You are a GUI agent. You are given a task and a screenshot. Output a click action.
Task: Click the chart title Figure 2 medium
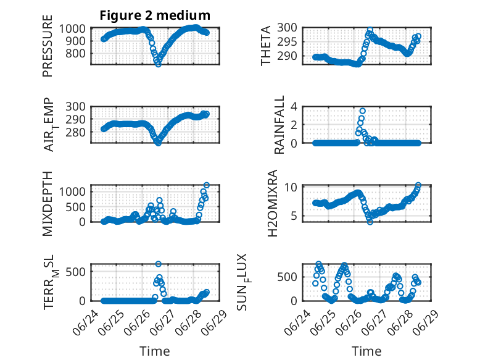(x=155, y=15)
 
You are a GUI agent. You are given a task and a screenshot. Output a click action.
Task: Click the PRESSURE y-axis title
(x=48, y=46)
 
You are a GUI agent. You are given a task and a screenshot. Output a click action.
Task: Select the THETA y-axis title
(x=266, y=46)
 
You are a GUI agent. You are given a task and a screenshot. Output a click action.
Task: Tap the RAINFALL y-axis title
(x=279, y=125)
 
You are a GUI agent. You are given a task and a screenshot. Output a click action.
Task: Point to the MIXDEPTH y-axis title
(x=48, y=204)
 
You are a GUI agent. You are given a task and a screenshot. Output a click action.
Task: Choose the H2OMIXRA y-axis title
(x=272, y=203)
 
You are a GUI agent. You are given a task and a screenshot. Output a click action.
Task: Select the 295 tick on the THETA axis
(x=287, y=42)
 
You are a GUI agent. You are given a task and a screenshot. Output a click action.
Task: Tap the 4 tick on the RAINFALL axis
(x=294, y=107)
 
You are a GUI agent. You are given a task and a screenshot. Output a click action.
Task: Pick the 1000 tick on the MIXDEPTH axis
(x=72, y=192)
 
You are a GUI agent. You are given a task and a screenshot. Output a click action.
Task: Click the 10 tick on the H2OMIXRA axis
(x=291, y=187)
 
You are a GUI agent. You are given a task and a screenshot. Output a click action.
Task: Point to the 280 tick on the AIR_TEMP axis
(x=76, y=133)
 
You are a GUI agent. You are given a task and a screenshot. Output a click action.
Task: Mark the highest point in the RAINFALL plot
(x=362, y=111)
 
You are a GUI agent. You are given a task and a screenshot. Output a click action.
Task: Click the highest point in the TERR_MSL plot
(x=159, y=264)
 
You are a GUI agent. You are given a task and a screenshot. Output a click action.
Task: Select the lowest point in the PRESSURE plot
(x=158, y=64)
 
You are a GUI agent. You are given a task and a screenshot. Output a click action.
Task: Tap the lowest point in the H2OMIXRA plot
(x=370, y=222)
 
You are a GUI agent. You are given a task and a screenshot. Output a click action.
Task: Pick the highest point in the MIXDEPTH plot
(x=207, y=185)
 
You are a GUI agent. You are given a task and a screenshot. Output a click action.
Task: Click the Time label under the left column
(x=155, y=351)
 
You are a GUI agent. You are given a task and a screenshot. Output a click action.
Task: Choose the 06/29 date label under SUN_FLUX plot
(x=426, y=322)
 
